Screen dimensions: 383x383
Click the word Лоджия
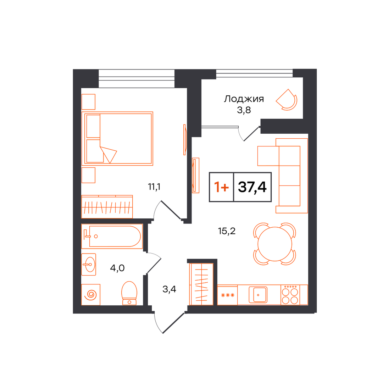click(244, 99)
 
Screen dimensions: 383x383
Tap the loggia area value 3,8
click(244, 110)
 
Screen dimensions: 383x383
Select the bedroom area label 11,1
click(154, 187)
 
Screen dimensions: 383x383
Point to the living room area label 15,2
click(227, 231)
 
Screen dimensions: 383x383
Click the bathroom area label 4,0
click(117, 268)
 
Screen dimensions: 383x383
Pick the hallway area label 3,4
click(169, 289)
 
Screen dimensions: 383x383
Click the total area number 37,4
click(252, 187)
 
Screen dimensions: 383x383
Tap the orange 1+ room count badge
click(221, 187)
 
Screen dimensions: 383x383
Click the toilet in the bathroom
click(129, 293)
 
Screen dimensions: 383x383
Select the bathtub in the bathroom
click(112, 236)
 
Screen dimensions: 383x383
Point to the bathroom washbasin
click(88, 264)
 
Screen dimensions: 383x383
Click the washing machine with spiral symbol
click(91, 295)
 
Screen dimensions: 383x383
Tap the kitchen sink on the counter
click(258, 295)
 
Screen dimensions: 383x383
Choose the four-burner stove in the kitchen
click(290, 295)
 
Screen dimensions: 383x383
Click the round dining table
click(275, 244)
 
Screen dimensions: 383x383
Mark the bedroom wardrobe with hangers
click(107, 207)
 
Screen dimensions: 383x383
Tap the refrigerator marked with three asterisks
click(227, 295)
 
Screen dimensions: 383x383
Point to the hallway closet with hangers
click(201, 284)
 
